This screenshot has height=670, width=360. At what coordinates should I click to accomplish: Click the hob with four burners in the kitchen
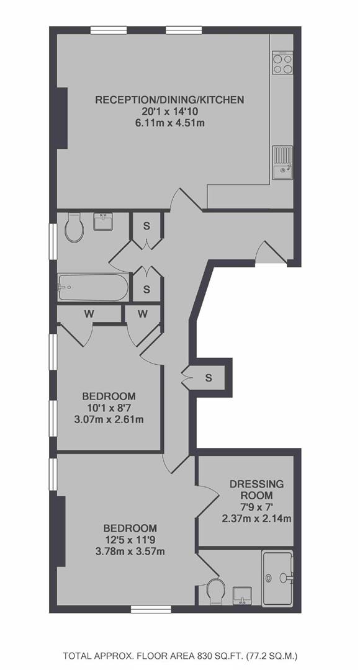pos(282,63)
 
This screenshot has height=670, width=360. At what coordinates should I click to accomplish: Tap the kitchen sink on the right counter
pos(282,163)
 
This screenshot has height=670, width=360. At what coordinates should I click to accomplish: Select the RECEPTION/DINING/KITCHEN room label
pos(169,100)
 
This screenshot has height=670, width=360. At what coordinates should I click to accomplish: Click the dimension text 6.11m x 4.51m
pos(169,124)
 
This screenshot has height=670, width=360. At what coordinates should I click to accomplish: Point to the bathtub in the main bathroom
pos(92,287)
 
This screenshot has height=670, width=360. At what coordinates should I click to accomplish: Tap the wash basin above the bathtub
pos(103,221)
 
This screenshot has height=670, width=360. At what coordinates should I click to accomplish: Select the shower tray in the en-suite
pos(278,578)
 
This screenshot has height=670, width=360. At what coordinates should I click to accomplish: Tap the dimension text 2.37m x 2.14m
pos(256,519)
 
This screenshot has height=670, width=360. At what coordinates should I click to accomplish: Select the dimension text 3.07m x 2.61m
pos(109,419)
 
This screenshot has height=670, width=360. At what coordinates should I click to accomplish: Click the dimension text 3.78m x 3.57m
pos(130,552)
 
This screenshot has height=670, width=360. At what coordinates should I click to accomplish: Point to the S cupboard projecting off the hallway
pos(209,378)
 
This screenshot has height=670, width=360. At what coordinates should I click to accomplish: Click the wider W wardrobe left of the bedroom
pos(89,314)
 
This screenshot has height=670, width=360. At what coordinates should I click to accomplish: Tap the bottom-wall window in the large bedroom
pos(145,609)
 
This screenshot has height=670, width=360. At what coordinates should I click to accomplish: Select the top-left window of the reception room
pos(109,30)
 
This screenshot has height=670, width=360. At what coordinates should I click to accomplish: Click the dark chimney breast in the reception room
pos(63,118)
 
